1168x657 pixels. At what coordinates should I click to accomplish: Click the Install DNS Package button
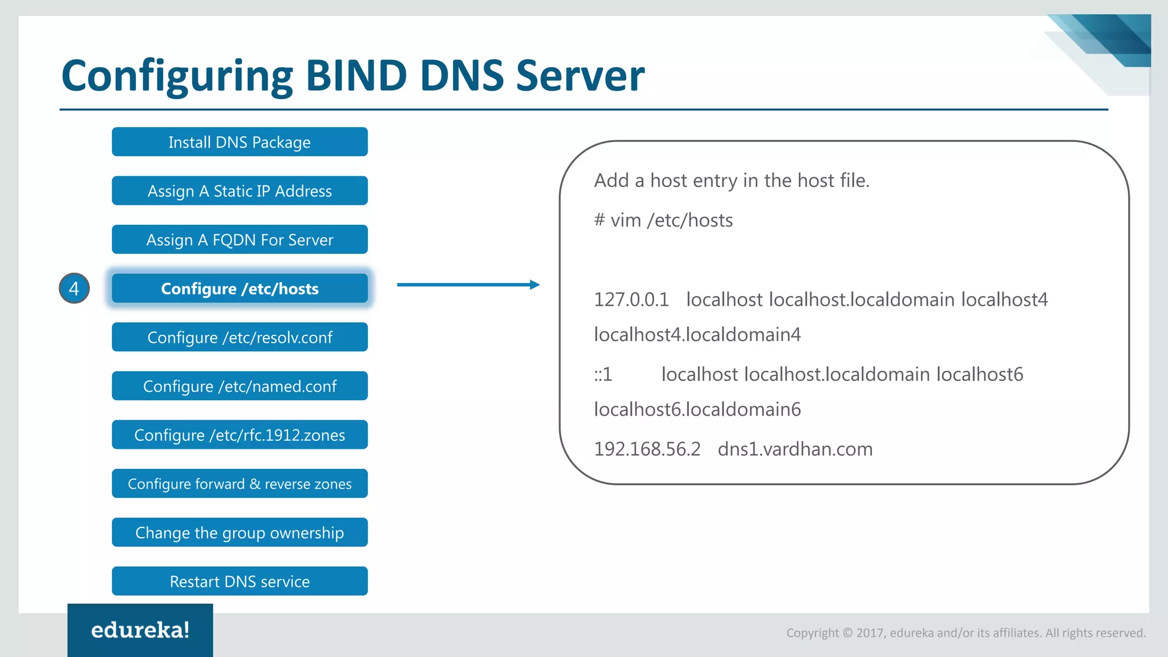pos(240,142)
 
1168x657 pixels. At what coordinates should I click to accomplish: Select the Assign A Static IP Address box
pos(240,191)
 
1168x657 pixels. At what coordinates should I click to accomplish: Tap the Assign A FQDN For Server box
pos(240,240)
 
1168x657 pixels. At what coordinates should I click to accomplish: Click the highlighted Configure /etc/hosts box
pos(240,289)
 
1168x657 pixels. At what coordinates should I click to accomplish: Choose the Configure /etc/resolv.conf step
pos(240,338)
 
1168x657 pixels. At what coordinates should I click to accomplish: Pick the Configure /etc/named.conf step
pos(240,386)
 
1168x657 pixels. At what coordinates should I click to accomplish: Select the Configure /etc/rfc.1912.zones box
pos(240,435)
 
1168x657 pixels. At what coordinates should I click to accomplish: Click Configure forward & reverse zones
pos(240,484)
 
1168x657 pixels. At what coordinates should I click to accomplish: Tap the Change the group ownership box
pos(240,533)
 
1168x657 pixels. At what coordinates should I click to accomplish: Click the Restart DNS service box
pos(240,581)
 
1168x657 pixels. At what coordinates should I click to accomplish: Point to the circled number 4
pos(74,289)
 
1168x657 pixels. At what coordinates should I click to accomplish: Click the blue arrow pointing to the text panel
pos(468,285)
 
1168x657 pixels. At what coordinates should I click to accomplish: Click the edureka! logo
pos(140,630)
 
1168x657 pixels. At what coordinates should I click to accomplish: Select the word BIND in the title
pos(356,75)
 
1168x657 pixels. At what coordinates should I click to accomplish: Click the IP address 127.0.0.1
pos(631,300)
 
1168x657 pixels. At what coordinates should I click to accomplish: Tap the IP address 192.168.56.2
pos(647,449)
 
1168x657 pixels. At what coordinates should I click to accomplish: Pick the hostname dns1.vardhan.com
pos(795,449)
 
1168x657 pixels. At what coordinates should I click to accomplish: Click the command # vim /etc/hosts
pos(663,221)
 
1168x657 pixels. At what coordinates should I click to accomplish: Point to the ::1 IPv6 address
pos(603,375)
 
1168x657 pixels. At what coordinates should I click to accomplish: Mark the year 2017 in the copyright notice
pos(870,633)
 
